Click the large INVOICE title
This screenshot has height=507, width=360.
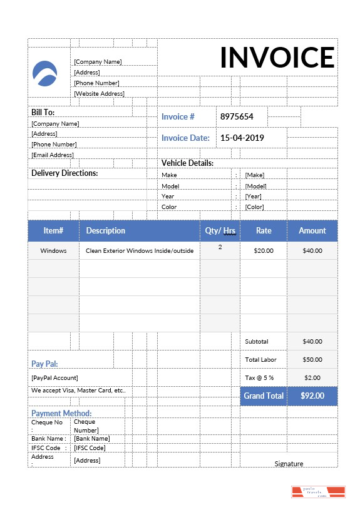[x=277, y=58]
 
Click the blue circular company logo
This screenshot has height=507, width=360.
[x=44, y=74]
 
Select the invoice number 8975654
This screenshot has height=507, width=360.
[x=236, y=116]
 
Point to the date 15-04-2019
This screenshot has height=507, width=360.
[x=242, y=138]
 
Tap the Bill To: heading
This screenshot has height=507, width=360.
[x=43, y=112]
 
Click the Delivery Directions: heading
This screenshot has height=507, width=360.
[x=64, y=173]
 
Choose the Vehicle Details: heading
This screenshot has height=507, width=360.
[x=188, y=163]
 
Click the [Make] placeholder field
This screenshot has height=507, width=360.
[x=254, y=175]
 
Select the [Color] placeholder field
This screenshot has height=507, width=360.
[x=254, y=207]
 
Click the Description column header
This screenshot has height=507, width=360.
[x=106, y=231]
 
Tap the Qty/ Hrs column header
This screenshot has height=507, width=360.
[x=220, y=231]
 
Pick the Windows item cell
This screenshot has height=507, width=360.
[x=53, y=251]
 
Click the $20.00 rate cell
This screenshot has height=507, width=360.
[x=264, y=251]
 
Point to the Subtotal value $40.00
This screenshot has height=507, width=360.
[x=312, y=342]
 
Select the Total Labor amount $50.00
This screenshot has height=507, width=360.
[x=312, y=360]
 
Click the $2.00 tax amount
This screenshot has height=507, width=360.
[x=312, y=378]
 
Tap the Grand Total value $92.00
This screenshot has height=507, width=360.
[x=312, y=396]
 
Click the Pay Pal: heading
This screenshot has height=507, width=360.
[x=44, y=364]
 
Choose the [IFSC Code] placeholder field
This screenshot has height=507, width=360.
[x=90, y=448]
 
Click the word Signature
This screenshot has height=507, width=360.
[x=289, y=464]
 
